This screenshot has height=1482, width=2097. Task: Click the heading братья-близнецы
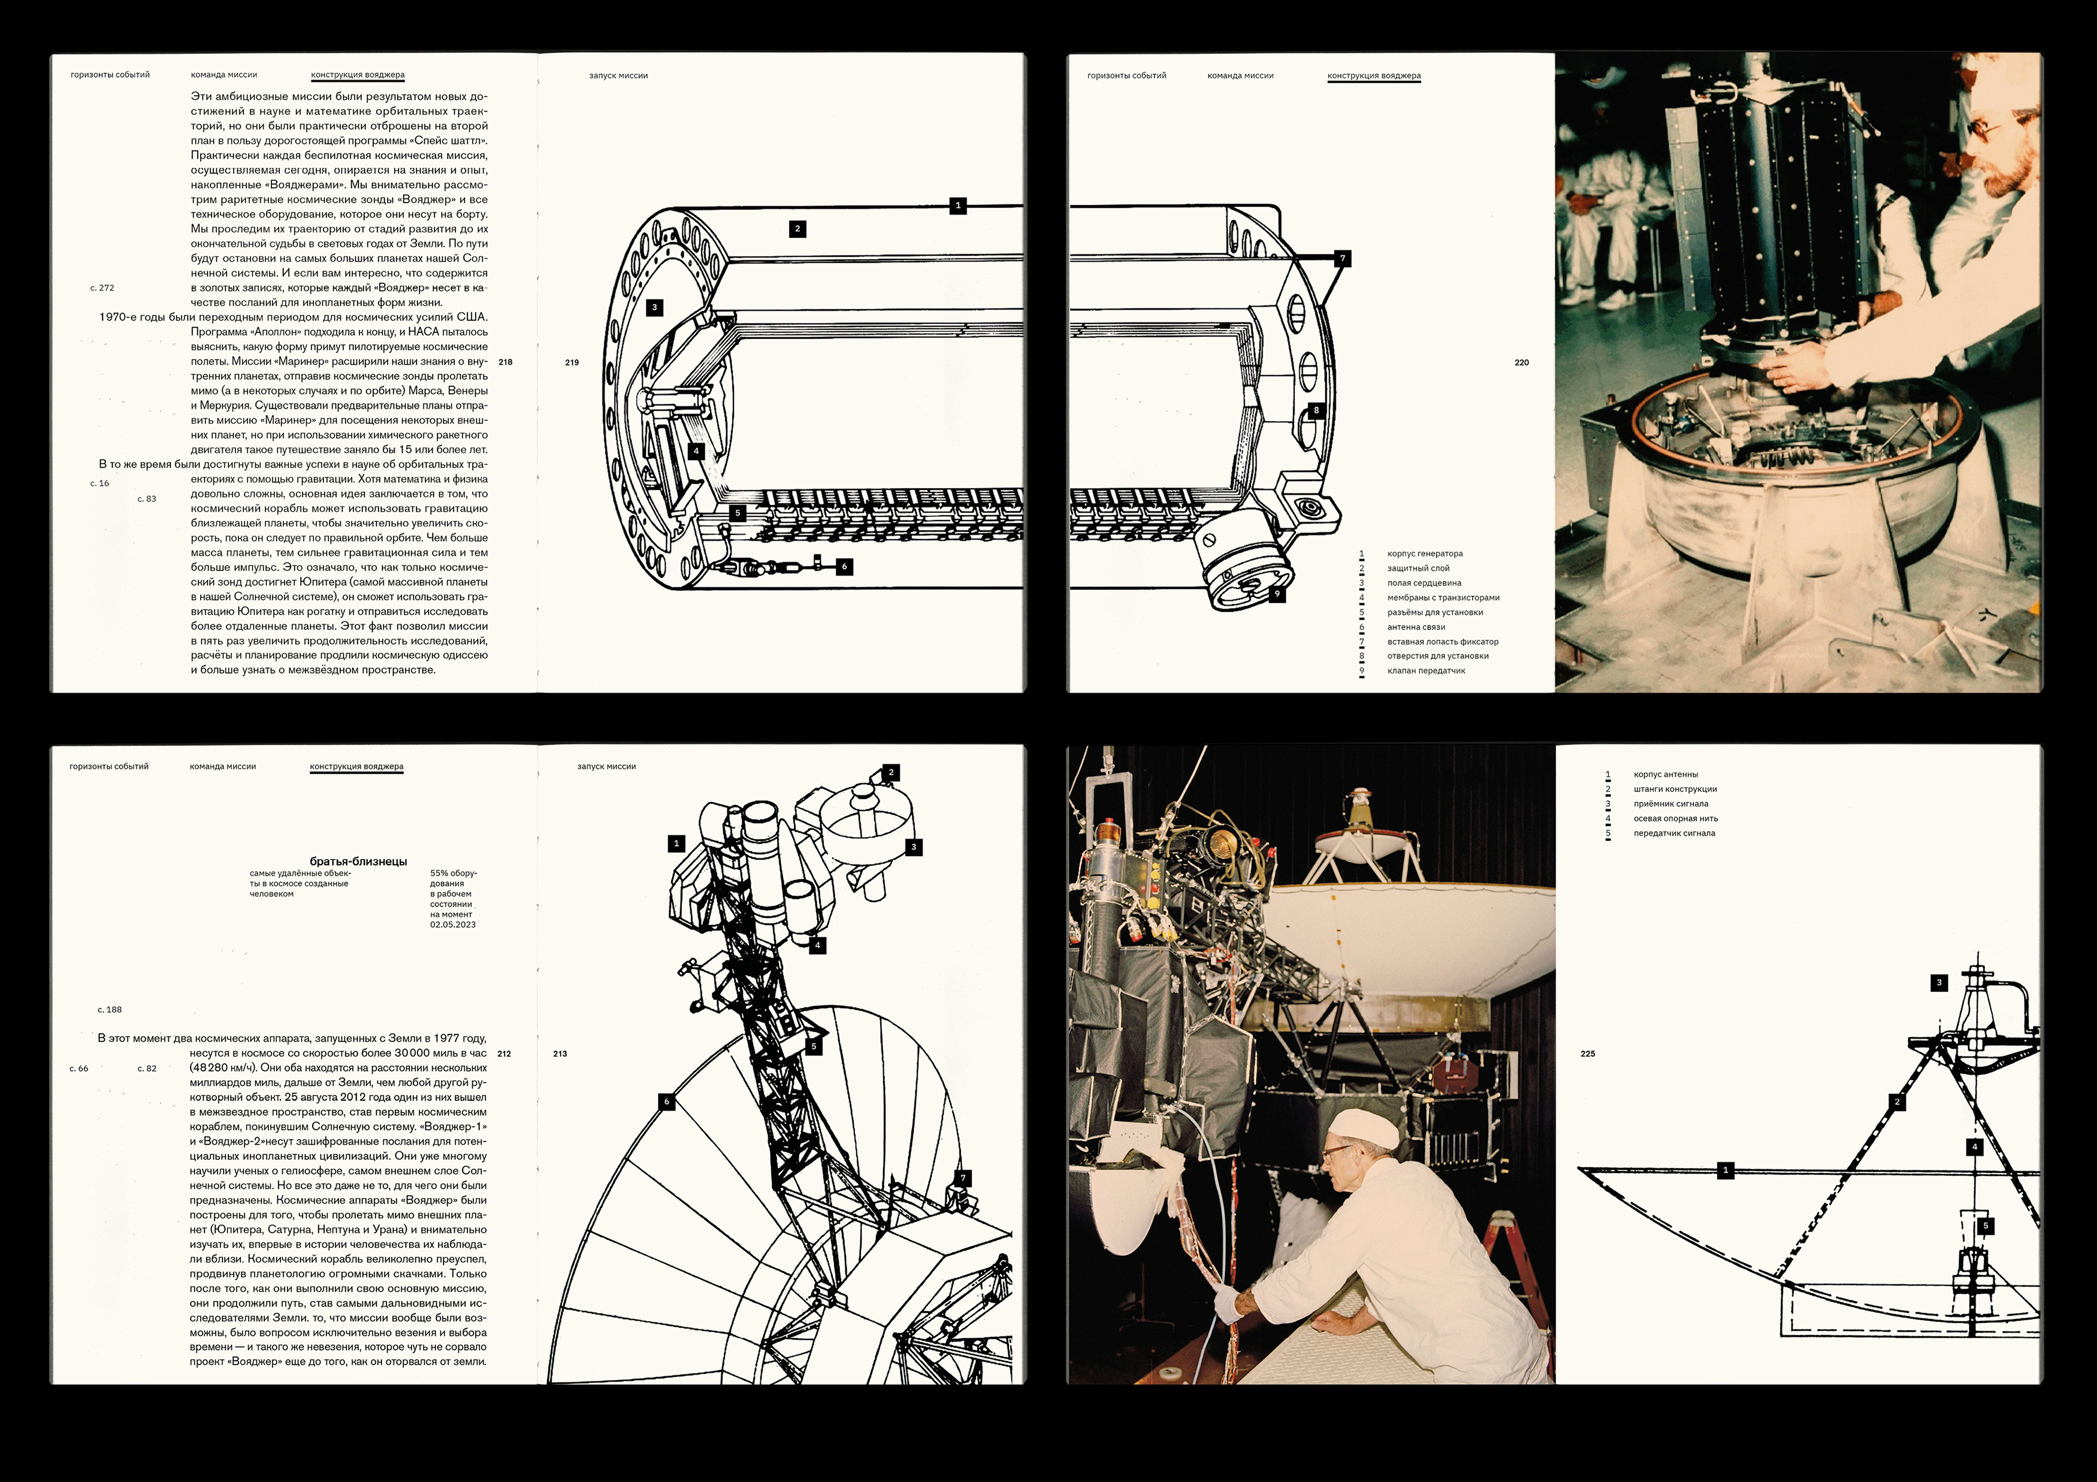pyautogui.click(x=358, y=861)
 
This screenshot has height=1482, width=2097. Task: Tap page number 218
pyautogui.click(x=505, y=362)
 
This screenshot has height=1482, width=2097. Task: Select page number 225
pyautogui.click(x=1587, y=1054)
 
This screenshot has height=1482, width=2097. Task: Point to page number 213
pyautogui.click(x=560, y=1054)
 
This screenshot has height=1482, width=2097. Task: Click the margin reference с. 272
pyautogui.click(x=102, y=288)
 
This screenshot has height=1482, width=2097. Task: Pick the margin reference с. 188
pyautogui.click(x=110, y=1010)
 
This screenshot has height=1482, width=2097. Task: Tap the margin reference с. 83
pyautogui.click(x=147, y=498)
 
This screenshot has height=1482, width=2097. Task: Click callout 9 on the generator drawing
pyautogui.click(x=1277, y=594)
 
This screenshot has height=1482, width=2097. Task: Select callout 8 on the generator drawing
pyautogui.click(x=1316, y=411)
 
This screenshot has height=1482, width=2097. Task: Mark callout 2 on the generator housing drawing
pyautogui.click(x=797, y=229)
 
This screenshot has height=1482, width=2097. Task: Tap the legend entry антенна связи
pyautogui.click(x=1416, y=627)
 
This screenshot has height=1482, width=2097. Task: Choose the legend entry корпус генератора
pyautogui.click(x=1425, y=554)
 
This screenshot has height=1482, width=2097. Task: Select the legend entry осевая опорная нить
pyautogui.click(x=1676, y=818)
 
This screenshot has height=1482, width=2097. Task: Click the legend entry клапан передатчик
pyautogui.click(x=1426, y=671)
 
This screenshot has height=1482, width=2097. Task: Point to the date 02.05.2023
pyautogui.click(x=453, y=925)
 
